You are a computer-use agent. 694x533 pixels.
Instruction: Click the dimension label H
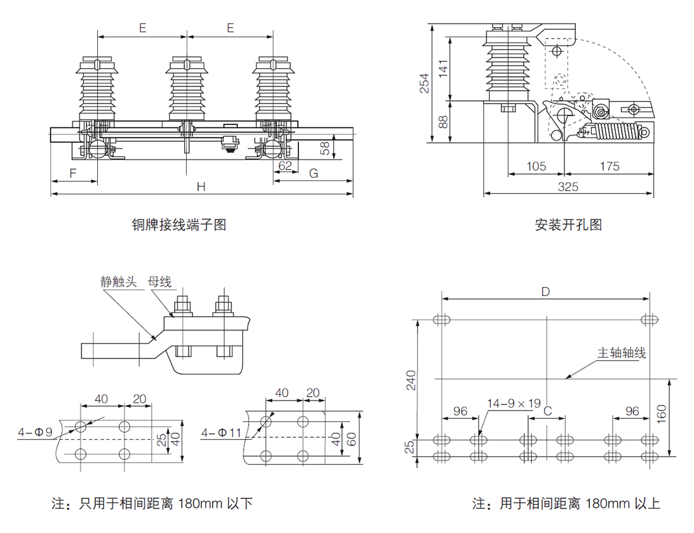201,187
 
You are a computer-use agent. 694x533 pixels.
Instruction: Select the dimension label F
73,173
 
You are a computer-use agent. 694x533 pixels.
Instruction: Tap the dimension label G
314,173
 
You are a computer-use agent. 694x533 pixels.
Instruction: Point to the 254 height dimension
425,83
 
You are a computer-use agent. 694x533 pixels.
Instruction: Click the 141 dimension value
444,69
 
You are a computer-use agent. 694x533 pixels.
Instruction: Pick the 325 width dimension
568,187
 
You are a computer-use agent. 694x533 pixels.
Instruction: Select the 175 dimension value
609,167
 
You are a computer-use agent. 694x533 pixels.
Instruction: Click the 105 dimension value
536,167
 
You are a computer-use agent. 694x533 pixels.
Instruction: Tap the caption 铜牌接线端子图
179,225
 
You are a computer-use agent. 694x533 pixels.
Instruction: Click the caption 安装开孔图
568,225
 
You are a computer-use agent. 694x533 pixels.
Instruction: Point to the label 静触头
119,282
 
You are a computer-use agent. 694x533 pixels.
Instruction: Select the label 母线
160,281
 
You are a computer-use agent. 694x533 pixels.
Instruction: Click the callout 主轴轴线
621,353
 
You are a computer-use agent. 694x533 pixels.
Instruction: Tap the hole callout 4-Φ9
35,431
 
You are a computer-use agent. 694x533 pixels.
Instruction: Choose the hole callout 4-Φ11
221,432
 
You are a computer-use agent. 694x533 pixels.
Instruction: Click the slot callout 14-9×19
514,404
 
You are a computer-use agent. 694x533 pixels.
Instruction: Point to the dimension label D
546,291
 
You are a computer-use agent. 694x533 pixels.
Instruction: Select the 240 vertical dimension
411,380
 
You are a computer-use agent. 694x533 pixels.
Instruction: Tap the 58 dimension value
325,148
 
